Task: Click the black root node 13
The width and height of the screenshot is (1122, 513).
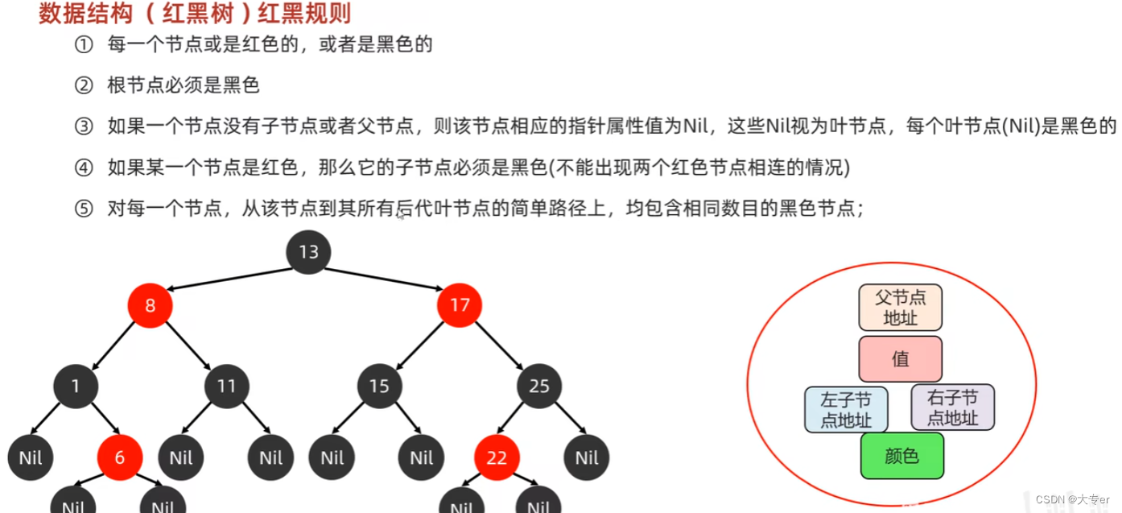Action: coord(308,252)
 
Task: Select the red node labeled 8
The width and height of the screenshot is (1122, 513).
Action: coord(150,306)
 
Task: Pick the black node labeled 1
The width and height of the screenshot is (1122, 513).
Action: coord(76,387)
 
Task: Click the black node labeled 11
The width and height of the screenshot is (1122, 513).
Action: coord(226,387)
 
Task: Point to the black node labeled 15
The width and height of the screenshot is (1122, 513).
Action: coord(379,387)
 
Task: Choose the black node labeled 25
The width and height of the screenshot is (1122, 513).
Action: coord(538,387)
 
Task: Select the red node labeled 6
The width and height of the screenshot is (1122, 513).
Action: coord(120,457)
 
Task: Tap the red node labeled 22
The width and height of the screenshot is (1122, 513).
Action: coord(497,457)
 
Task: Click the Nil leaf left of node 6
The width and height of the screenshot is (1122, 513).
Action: coord(30,457)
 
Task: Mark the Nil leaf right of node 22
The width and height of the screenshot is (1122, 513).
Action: coord(587,457)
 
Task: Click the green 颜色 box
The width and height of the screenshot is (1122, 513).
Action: coord(901,456)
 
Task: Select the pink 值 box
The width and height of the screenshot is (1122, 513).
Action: coord(900,358)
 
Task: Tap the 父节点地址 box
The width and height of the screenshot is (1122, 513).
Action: coord(900,307)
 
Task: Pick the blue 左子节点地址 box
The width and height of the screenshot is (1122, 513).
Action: coord(846,408)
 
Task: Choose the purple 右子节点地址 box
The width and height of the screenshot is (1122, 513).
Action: coord(952,408)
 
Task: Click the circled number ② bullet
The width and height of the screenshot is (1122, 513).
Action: coord(84,85)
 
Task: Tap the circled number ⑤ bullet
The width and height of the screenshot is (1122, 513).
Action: coord(84,209)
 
